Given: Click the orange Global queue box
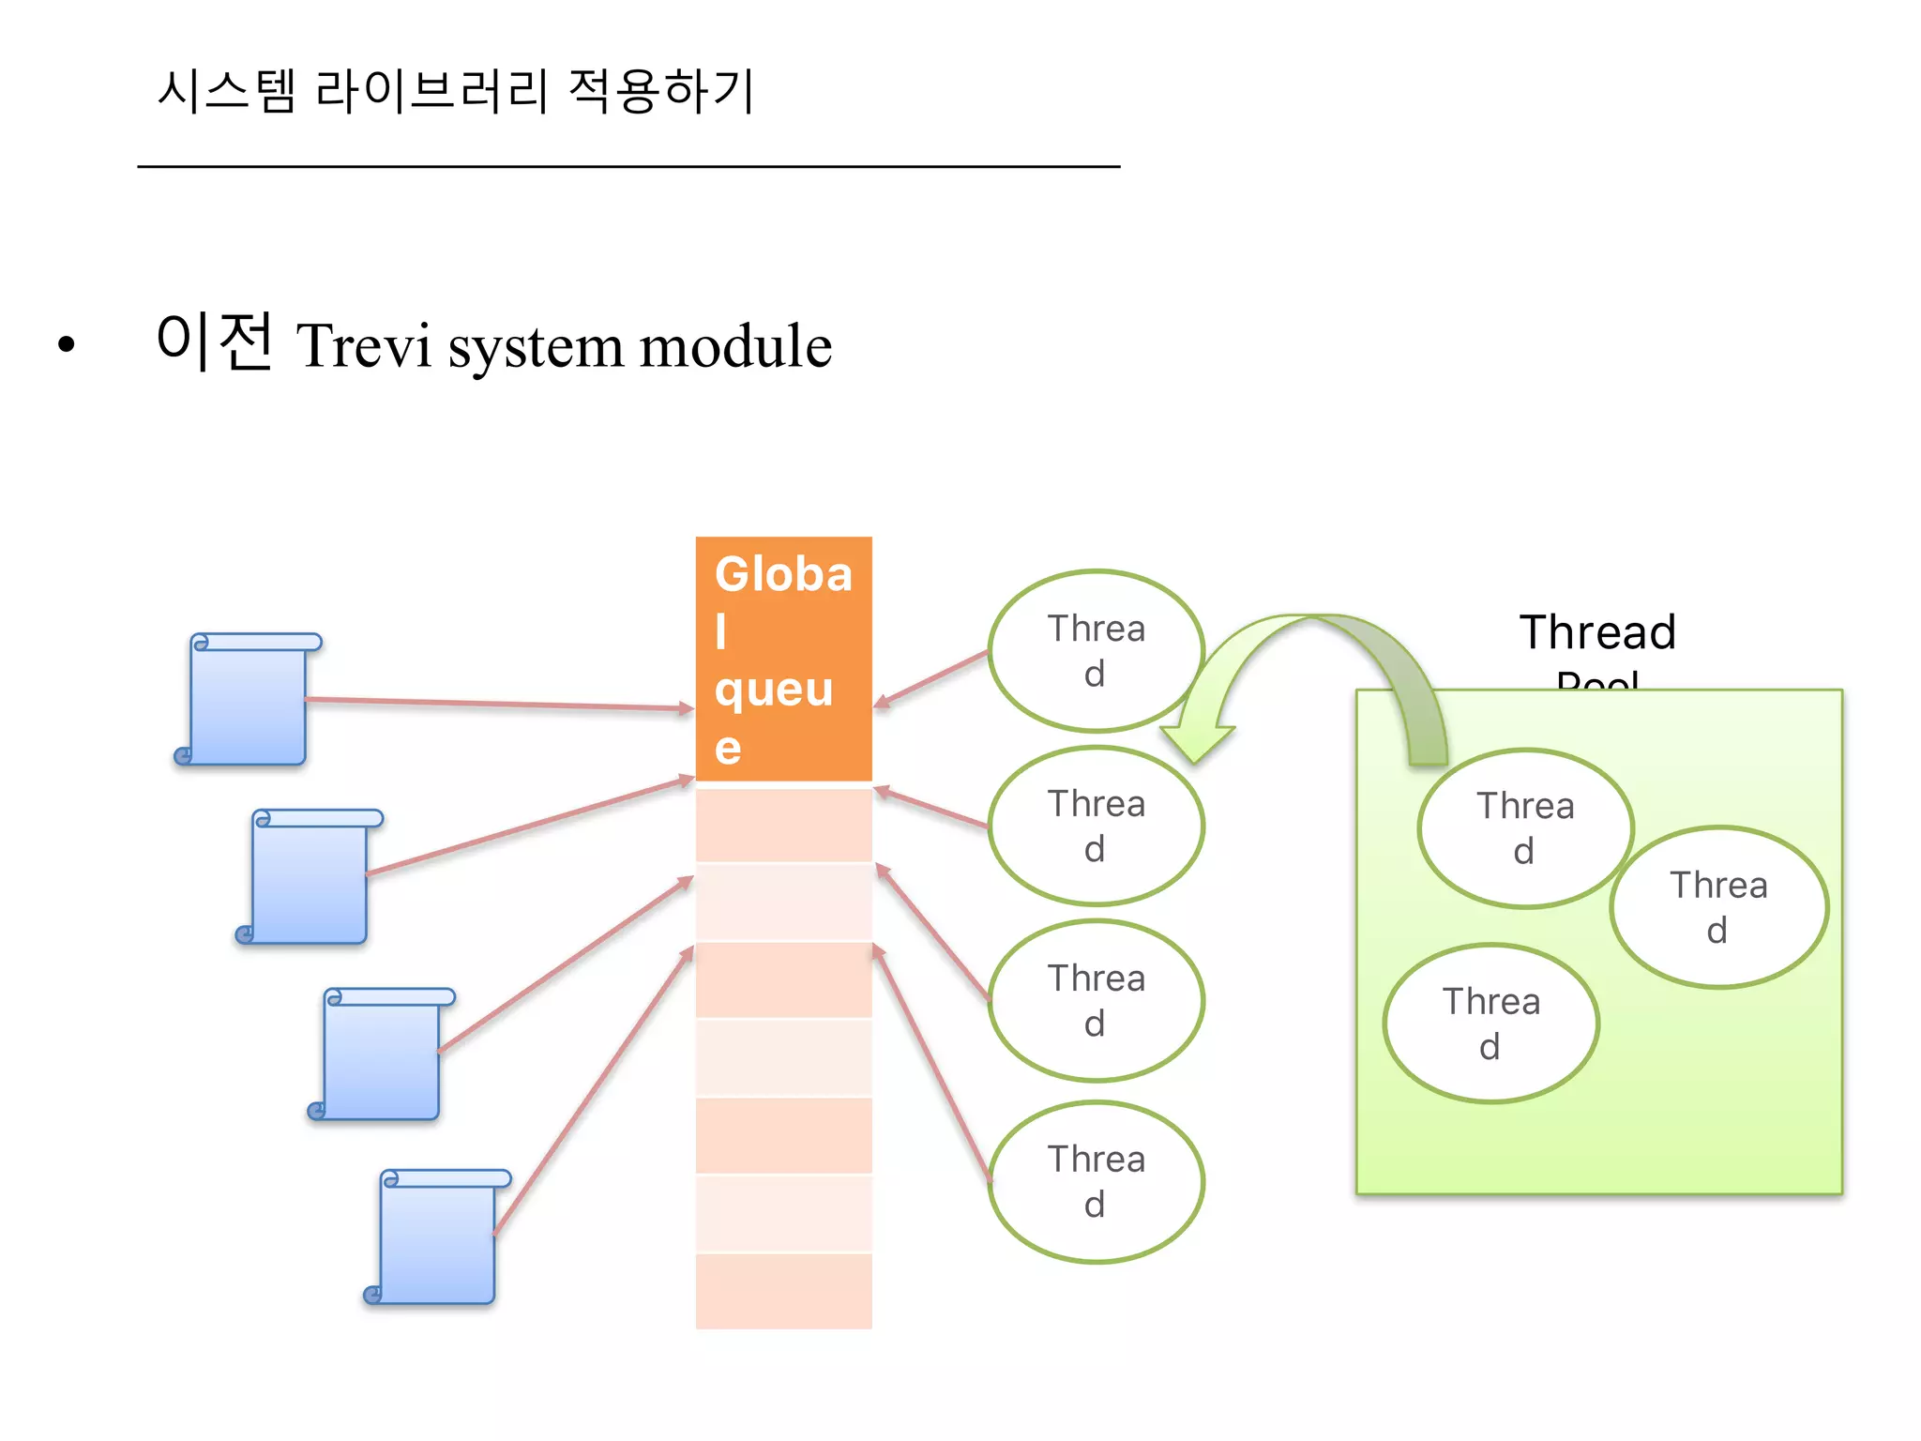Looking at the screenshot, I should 783,659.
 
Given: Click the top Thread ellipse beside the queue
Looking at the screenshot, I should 1096,651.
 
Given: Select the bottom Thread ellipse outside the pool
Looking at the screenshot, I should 1096,1182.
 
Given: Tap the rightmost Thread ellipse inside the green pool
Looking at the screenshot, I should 1718,907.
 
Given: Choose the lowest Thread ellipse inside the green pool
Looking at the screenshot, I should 1490,1024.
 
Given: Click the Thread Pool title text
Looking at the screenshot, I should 1597,633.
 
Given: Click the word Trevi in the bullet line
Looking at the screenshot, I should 364,345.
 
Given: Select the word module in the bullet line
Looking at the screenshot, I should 735,345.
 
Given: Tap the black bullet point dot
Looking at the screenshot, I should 66,344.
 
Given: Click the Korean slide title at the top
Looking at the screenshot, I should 456,91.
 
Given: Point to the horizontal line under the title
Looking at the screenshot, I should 628,167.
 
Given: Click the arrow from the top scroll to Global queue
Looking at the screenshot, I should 497,704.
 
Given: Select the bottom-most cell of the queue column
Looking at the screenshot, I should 783,1291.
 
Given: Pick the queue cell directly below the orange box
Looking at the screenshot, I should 783,825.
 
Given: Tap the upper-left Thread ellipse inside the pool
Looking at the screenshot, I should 1525,828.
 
